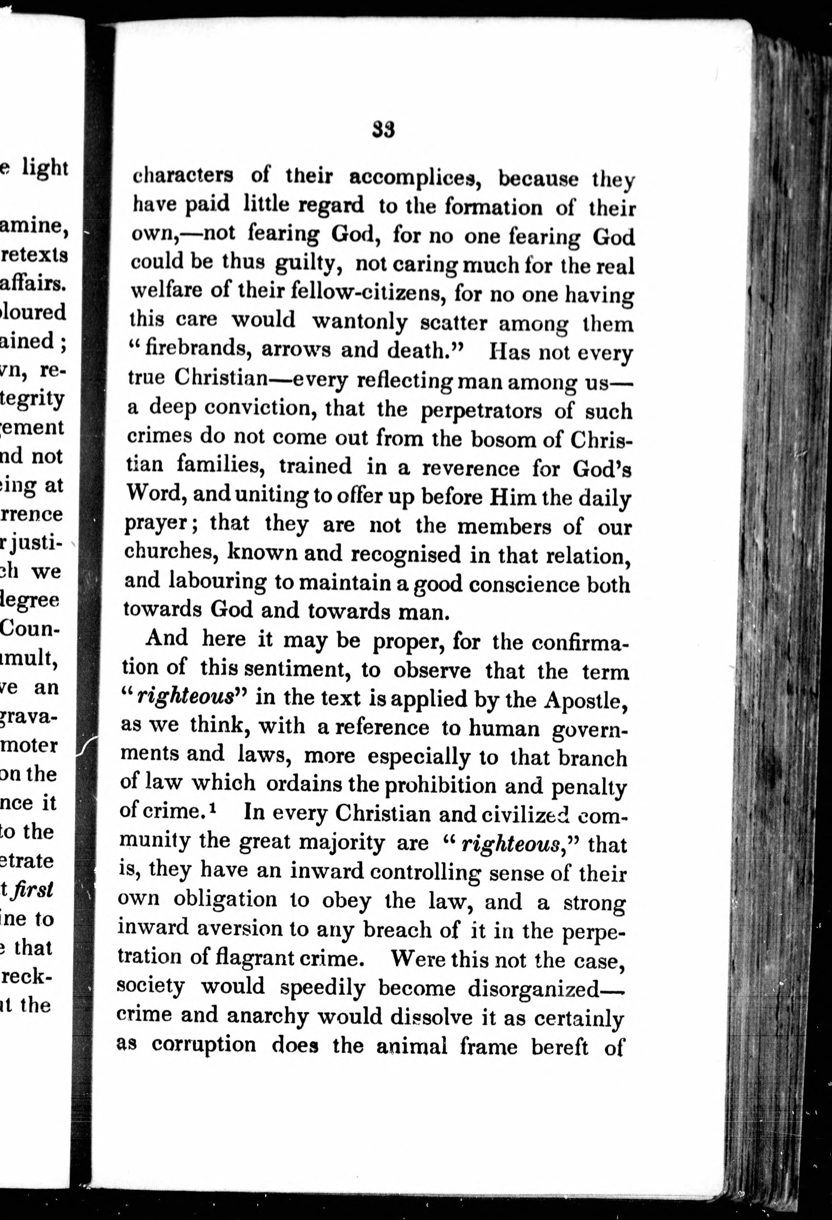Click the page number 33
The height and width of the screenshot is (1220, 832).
pyautogui.click(x=384, y=130)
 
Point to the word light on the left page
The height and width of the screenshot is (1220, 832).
pyautogui.click(x=45, y=168)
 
